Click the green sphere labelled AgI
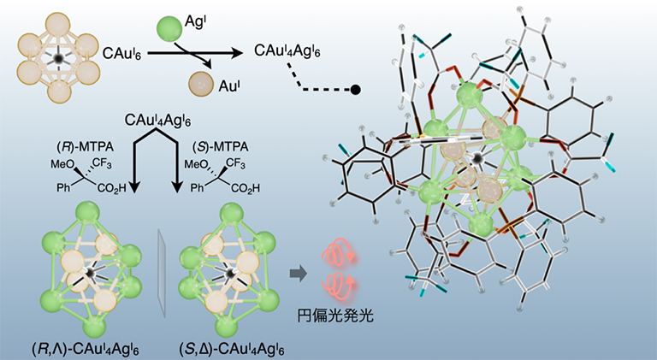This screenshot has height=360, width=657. pos(169,29)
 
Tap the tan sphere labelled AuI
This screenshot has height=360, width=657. pos(201,84)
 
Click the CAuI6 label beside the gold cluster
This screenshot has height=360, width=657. pos(122,54)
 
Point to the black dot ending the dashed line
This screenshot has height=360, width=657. pos(355,89)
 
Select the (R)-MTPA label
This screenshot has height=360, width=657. pos(86,147)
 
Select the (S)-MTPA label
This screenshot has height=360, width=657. pos(221,147)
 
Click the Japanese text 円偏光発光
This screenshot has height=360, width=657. pos(335,315)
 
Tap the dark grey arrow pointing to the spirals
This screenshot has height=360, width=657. pos(298,274)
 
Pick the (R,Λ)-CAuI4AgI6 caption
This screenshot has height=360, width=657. pos(86,349)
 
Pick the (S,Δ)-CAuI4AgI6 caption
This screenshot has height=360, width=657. pos(231,349)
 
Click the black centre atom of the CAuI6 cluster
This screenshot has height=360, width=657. pos(59,57)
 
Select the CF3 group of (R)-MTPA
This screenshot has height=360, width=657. pos(103,163)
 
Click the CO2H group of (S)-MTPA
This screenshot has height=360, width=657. pos(246,188)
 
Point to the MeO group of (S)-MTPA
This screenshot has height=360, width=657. pos(197,164)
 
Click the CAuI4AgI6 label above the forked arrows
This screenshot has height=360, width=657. pos(157,121)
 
